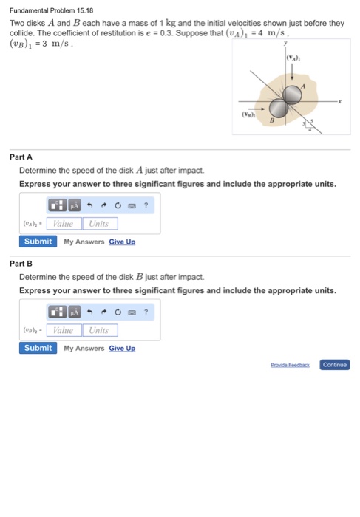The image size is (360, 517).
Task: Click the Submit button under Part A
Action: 38,242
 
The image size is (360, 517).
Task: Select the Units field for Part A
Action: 98,223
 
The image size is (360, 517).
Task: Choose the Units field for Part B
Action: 98,330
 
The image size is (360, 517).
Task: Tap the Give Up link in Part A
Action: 122,242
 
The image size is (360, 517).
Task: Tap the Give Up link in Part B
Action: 122,348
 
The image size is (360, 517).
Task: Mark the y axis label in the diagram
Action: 285,44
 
